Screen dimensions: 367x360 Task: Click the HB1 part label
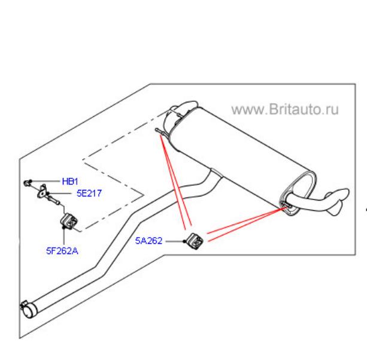(x=70, y=181)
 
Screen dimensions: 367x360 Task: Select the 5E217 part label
(x=89, y=193)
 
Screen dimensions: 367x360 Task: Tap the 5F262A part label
(x=62, y=251)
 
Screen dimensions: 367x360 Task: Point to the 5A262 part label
(x=149, y=241)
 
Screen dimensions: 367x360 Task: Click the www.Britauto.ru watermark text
(x=285, y=110)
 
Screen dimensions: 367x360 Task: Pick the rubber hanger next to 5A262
(x=194, y=241)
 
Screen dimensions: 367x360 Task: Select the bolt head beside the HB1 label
(x=27, y=183)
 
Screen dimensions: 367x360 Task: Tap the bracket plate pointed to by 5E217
(x=43, y=191)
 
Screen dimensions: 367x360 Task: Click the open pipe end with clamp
(x=29, y=310)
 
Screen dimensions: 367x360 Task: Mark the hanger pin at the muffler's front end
(x=160, y=131)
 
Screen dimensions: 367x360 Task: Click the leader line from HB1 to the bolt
(x=46, y=181)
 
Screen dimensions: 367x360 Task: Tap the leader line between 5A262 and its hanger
(x=175, y=241)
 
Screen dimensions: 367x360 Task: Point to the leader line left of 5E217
(x=59, y=193)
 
